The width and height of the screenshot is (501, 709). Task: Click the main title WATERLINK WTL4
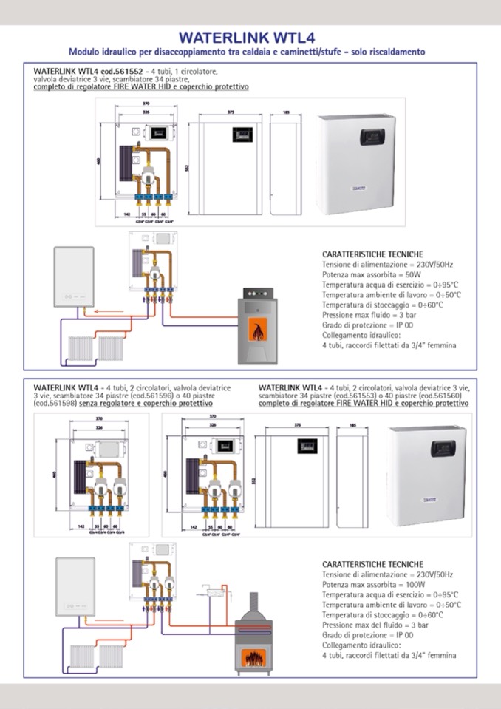click(250, 37)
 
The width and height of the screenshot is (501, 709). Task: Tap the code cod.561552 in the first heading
click(99, 72)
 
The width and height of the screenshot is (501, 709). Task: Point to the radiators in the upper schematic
click(93, 346)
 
